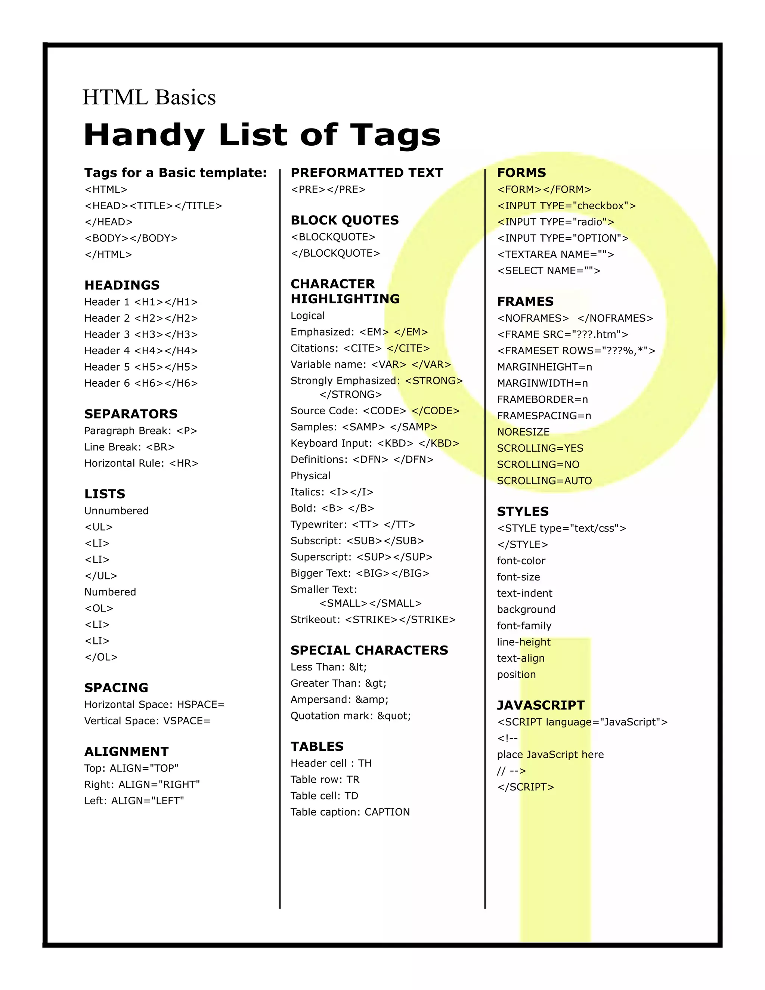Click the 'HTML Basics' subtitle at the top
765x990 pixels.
[x=149, y=98]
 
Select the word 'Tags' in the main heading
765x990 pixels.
[x=395, y=136]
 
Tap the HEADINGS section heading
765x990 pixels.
[x=122, y=285]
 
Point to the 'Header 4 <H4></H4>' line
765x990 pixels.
[x=141, y=351]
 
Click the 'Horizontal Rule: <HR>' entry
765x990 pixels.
[x=142, y=463]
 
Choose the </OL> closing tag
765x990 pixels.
[x=101, y=657]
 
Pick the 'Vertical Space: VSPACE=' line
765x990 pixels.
[x=147, y=721]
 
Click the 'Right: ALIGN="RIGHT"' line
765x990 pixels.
[x=142, y=785]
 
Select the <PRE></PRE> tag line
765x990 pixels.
[x=328, y=189]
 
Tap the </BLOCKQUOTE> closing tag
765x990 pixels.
[x=335, y=253]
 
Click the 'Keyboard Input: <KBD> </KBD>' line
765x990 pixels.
[x=375, y=443]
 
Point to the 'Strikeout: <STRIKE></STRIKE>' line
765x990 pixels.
[x=373, y=620]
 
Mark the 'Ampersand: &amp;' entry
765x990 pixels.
[x=340, y=699]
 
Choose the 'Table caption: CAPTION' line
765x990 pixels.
[x=350, y=812]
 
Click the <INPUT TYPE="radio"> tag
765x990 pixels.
[x=555, y=222]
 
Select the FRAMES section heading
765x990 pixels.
[x=525, y=301]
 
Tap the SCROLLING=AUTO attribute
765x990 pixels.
[x=544, y=481]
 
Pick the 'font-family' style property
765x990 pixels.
[x=524, y=626]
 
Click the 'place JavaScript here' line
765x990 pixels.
[x=550, y=755]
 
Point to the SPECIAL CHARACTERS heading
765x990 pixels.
[x=369, y=650]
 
